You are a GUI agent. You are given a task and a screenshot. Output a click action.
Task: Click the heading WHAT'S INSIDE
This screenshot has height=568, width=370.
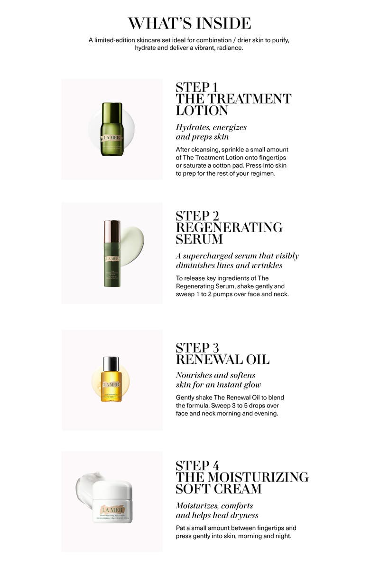tap(189, 23)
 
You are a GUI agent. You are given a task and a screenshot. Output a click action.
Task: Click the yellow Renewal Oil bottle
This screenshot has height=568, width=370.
tap(111, 384)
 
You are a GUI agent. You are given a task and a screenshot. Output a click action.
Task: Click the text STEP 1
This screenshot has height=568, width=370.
tap(196, 87)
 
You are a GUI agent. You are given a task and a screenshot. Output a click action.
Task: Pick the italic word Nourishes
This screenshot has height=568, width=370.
tap(197, 375)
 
